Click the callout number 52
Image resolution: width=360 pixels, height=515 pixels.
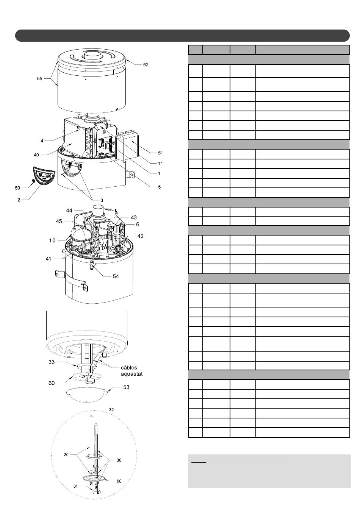tap(146, 65)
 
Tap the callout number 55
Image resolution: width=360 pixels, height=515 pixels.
tap(39, 79)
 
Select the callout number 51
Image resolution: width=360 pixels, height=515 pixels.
tap(160, 153)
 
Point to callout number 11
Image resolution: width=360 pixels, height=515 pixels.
tap(160, 164)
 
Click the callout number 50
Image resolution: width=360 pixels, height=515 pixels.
tap(17, 188)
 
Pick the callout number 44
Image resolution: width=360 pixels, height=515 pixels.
tap(69, 211)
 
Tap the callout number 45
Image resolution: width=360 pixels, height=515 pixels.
tap(59, 221)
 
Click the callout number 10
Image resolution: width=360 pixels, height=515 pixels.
tap(52, 240)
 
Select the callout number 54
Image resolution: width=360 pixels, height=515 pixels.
tap(116, 276)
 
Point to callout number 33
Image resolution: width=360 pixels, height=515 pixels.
tap(52, 362)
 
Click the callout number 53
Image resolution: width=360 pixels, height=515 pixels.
tap(126, 387)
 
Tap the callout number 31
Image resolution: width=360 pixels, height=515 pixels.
tap(76, 486)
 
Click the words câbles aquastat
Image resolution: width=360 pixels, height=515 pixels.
tap(132, 371)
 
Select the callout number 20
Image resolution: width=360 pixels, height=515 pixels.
tap(66, 454)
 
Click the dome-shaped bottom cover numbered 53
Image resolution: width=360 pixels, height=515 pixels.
tap(86, 395)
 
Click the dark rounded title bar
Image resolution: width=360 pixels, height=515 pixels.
tap(182, 36)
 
